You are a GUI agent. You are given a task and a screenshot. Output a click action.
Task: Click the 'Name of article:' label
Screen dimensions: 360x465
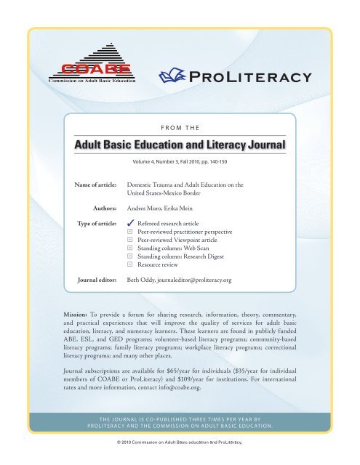click(98, 186)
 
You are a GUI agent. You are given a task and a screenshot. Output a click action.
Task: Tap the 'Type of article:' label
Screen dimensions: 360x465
click(99, 225)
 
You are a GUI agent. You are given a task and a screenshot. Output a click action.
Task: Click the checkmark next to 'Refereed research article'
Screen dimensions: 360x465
click(130, 225)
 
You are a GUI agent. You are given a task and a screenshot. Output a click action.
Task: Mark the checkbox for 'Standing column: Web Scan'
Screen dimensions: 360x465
click(130, 256)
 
